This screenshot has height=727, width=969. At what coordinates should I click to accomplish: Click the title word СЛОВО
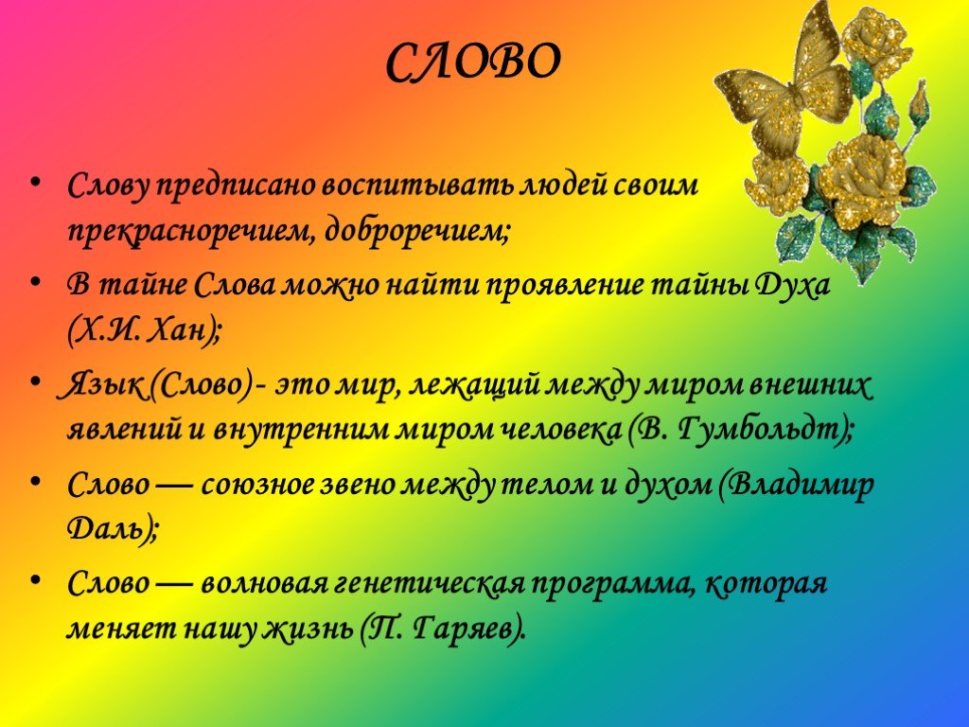(x=473, y=62)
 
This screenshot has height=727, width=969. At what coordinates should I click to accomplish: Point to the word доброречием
(x=416, y=233)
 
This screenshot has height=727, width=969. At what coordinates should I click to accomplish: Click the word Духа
(x=792, y=286)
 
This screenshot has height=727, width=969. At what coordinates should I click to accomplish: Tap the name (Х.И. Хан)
(x=144, y=332)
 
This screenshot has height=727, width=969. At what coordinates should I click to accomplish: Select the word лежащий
(x=475, y=386)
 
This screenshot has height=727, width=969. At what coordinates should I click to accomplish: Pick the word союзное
(x=257, y=485)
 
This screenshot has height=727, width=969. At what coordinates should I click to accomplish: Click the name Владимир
(x=802, y=485)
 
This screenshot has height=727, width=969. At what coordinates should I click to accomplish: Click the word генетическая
(x=429, y=583)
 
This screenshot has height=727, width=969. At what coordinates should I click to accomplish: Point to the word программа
(x=612, y=585)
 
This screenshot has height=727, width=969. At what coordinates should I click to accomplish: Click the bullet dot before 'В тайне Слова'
(x=37, y=281)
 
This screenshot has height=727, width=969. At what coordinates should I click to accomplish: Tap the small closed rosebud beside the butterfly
(x=918, y=105)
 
